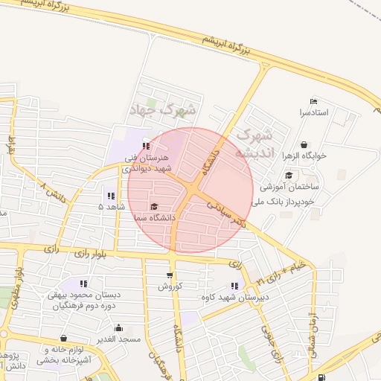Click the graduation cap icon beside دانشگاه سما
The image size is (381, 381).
click(154, 206)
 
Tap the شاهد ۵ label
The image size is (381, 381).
click(111, 206)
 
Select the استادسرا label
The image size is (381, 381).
click(313, 113)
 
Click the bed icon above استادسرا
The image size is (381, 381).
click(313, 102)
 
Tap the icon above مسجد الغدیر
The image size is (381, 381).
click(118, 328)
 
